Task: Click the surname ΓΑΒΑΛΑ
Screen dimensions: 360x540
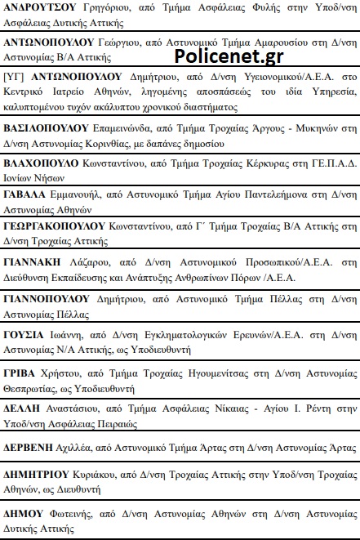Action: coord(27,195)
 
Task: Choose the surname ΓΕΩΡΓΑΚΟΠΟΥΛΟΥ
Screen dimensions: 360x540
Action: coord(55,225)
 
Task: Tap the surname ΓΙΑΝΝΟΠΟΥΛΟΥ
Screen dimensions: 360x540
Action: coord(49,299)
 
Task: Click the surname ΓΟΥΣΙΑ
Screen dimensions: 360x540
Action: coord(26,335)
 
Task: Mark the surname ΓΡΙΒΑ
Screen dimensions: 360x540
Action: coord(24,371)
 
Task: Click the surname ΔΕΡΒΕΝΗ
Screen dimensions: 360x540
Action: coord(30,448)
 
